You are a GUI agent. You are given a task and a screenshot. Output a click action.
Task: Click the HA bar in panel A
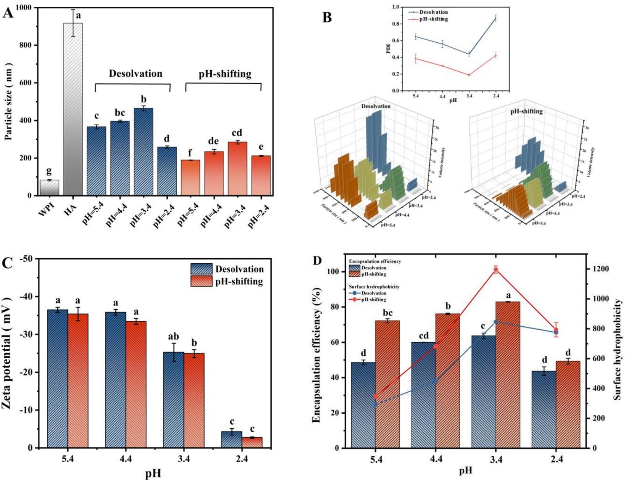pyautogui.click(x=73, y=109)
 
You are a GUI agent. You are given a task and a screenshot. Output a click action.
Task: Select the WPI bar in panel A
pyautogui.click(x=49, y=188)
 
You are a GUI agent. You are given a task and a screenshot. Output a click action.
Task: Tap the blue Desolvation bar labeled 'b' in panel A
pyautogui.click(x=143, y=152)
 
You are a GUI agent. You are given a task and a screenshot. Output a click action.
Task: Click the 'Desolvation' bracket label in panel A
pyautogui.click(x=135, y=73)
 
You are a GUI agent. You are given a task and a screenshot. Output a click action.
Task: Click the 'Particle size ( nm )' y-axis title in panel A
pyautogui.click(x=8, y=101)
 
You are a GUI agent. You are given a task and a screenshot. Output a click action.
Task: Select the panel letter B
pyautogui.click(x=327, y=17)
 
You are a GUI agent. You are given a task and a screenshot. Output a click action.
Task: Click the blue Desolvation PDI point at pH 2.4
pyautogui.click(x=496, y=18)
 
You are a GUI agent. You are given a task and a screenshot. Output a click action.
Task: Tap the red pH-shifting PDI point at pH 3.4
pyautogui.click(x=469, y=75)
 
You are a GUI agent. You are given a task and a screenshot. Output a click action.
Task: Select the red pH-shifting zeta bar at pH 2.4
pyautogui.click(x=252, y=443)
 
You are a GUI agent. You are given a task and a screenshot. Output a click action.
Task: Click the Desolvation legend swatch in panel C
pyautogui.click(x=201, y=269)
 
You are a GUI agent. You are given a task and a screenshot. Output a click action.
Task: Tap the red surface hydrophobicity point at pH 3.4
pyautogui.click(x=496, y=270)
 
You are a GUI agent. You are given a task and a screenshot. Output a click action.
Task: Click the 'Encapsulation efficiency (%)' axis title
pyautogui.click(x=317, y=355)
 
